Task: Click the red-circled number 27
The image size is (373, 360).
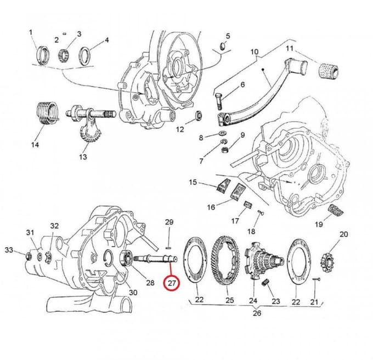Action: coord(172,283)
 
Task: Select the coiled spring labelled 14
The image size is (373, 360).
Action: coord(48,113)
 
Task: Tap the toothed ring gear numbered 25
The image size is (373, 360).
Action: coord(227,262)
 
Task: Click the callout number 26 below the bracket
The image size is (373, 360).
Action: coord(257,313)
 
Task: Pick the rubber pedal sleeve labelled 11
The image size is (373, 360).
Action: coord(328,71)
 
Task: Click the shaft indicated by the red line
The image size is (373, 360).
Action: coord(156,259)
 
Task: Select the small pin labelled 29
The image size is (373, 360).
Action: coord(169,248)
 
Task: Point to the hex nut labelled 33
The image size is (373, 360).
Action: coord(29,256)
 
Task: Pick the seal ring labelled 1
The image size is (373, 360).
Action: coord(43,55)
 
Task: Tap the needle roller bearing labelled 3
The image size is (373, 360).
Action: coord(64,55)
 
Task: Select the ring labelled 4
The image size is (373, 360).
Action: coord(84,56)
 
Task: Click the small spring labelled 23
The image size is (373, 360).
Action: coord(265,283)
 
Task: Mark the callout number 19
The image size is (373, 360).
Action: coord(319,224)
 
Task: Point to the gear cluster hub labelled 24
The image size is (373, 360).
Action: coord(264,260)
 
